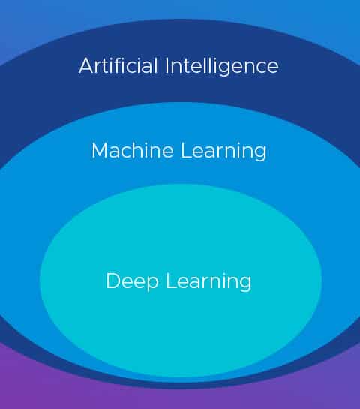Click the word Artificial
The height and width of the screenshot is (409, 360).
tap(118, 65)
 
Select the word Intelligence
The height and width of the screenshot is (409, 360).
tap(222, 67)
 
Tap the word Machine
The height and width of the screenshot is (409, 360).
tap(133, 150)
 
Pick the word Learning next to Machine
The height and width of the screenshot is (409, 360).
tap(223, 152)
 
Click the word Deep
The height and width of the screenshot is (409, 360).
tap(132, 281)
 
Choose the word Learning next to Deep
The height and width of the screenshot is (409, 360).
tap(208, 282)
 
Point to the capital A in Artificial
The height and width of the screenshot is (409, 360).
tap(86, 65)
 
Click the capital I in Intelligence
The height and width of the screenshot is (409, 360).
tap(166, 65)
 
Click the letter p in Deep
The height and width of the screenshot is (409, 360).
tap(152, 284)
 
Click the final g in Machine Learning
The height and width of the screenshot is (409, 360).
tap(260, 154)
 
